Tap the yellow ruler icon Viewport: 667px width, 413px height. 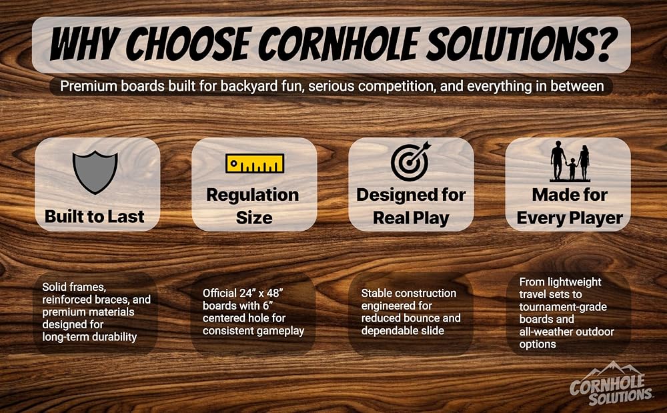(254, 163)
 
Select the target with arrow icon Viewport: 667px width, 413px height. (411, 161)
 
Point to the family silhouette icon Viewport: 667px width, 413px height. (570, 161)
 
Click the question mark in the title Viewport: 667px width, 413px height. (606, 43)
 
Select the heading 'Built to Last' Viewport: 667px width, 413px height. (95, 216)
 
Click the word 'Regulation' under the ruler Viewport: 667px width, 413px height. (253, 195)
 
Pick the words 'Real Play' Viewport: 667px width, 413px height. (411, 218)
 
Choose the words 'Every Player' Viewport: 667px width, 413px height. (570, 218)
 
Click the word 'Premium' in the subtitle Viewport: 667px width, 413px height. (89, 86)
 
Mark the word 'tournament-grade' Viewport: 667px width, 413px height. (563, 307)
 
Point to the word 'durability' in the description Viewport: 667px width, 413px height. (115, 338)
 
